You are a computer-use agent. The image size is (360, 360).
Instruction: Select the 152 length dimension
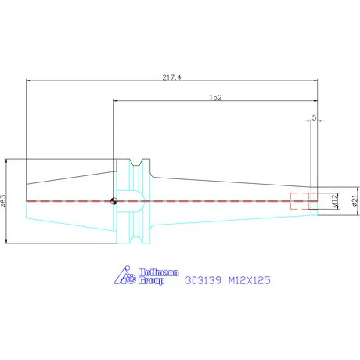216,97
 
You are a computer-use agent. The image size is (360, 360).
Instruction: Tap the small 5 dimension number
314,117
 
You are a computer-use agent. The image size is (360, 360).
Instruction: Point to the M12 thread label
334,201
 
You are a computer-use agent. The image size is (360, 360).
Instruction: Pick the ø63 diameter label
4,201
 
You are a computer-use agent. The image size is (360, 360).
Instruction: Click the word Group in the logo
151,280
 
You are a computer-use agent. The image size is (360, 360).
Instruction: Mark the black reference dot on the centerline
115,200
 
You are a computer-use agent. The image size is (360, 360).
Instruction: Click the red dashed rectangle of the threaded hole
299,200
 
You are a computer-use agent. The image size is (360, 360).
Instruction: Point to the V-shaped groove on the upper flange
138,166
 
